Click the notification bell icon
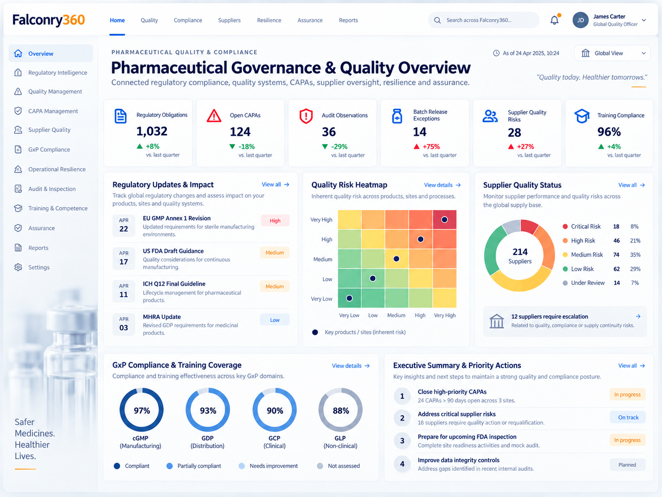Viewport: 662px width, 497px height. [x=554, y=20]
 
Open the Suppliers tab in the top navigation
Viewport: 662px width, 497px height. [x=229, y=20]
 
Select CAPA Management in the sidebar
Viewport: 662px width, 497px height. [x=53, y=111]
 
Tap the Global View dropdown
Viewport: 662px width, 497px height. [x=612, y=53]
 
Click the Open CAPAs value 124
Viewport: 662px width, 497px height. [x=240, y=132]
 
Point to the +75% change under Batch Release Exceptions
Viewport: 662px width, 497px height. [x=431, y=146]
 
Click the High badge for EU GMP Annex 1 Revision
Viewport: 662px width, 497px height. [x=275, y=221]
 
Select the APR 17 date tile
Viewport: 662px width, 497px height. [x=123, y=258]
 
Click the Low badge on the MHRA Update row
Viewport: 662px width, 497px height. [x=275, y=320]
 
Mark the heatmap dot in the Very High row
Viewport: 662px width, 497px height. [x=444, y=220]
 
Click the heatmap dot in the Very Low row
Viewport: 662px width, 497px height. [x=349, y=298]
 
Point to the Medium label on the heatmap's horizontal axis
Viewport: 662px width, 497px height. [x=396, y=315]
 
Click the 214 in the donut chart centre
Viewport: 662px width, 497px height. [x=520, y=252]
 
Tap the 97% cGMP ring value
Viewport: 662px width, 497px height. [x=142, y=411]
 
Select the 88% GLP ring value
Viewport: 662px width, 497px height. [x=341, y=411]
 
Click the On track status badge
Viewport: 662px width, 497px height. [x=628, y=417]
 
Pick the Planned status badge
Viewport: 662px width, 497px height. [x=627, y=465]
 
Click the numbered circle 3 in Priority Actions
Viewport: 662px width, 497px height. [x=402, y=441]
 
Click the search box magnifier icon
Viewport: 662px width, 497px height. [x=438, y=20]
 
